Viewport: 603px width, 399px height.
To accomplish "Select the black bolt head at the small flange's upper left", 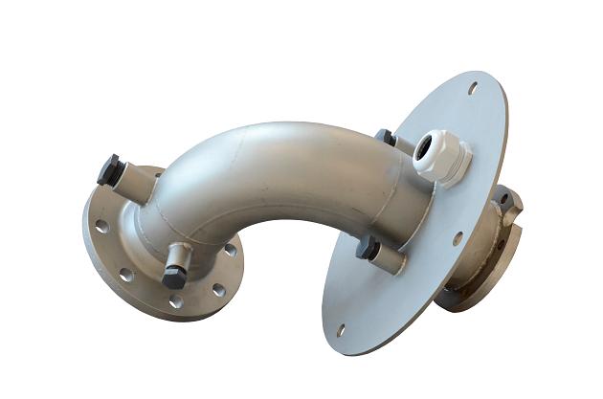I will click(x=109, y=169).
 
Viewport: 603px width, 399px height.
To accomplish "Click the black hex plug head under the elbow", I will click(x=173, y=277).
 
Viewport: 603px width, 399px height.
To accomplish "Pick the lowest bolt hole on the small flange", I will click(x=176, y=302).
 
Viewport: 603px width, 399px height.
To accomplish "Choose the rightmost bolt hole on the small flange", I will click(x=230, y=250).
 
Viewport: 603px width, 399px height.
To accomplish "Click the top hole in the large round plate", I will click(x=472, y=88).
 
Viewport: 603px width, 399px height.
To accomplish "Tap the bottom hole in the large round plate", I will click(x=341, y=329).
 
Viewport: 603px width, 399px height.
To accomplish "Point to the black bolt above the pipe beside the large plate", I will click(x=385, y=137).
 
